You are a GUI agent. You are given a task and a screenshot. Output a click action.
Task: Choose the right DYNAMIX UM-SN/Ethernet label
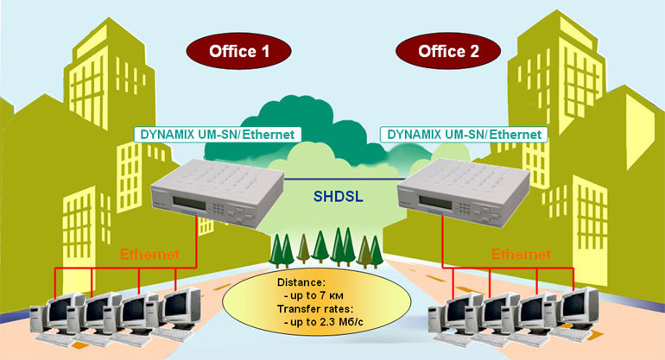(464, 135)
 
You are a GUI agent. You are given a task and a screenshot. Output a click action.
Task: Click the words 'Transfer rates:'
(313, 308)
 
